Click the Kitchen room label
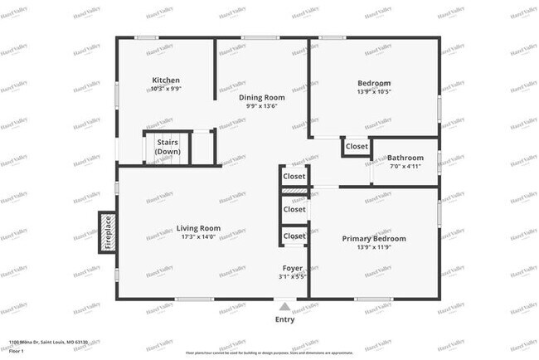point(166,80)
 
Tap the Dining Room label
point(261,97)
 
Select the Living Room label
point(198,228)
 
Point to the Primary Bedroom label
point(374,238)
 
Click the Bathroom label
point(405,158)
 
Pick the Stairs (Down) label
point(168,147)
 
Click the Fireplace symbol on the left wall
point(107,233)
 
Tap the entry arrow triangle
point(284,307)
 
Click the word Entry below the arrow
point(284,319)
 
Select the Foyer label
point(293,268)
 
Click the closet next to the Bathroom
point(357,146)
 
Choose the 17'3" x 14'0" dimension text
point(198,237)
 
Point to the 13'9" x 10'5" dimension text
point(374,92)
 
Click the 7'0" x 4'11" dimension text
point(405,166)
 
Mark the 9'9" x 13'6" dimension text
point(261,106)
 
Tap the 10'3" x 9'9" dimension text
point(166,89)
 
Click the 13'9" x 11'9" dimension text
point(374,247)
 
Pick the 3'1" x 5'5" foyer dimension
point(293,276)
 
